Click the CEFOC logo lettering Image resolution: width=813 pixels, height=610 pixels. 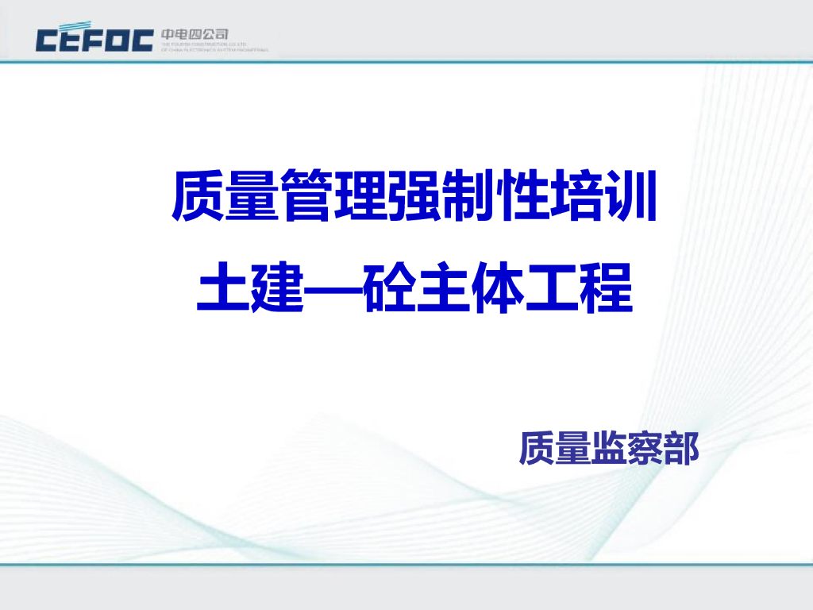point(94,39)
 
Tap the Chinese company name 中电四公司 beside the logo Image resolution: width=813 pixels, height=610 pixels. point(195,34)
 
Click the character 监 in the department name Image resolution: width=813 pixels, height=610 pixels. point(609,448)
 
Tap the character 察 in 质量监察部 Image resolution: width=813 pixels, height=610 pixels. point(645,448)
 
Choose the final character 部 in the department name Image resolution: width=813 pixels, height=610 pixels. point(681,448)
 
